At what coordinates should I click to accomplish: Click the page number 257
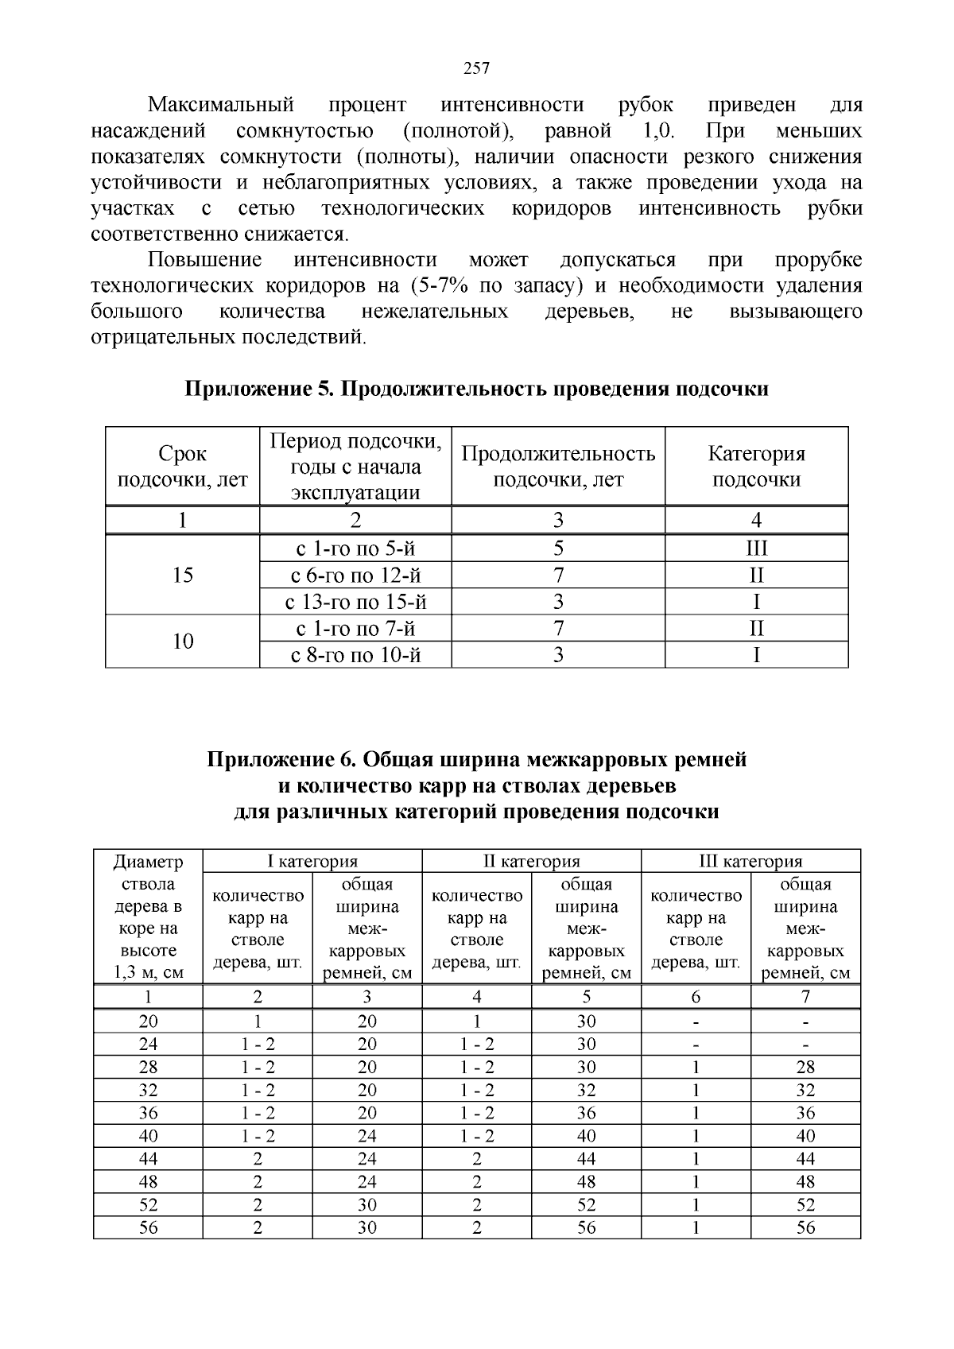click(x=476, y=68)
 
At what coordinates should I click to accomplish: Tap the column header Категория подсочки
click(x=756, y=467)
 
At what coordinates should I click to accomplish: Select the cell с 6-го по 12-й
click(x=355, y=575)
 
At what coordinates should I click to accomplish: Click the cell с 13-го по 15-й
click(x=355, y=602)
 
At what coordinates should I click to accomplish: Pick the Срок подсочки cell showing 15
click(x=183, y=575)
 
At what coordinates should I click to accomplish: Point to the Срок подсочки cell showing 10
click(x=183, y=642)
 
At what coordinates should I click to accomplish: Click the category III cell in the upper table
click(x=756, y=549)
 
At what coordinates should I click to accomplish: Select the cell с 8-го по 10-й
click(x=355, y=655)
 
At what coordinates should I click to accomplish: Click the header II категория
click(x=531, y=861)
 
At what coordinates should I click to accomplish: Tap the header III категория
click(x=750, y=861)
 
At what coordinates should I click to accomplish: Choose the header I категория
click(x=312, y=861)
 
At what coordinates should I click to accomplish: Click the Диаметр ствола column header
click(x=148, y=916)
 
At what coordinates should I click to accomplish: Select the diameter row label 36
click(x=148, y=1112)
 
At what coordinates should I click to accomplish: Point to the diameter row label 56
click(x=148, y=1227)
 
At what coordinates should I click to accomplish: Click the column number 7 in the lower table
click(x=805, y=997)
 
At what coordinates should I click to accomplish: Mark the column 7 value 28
click(x=805, y=1067)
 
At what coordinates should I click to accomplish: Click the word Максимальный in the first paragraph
click(x=222, y=105)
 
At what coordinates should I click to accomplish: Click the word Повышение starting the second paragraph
click(x=205, y=260)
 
